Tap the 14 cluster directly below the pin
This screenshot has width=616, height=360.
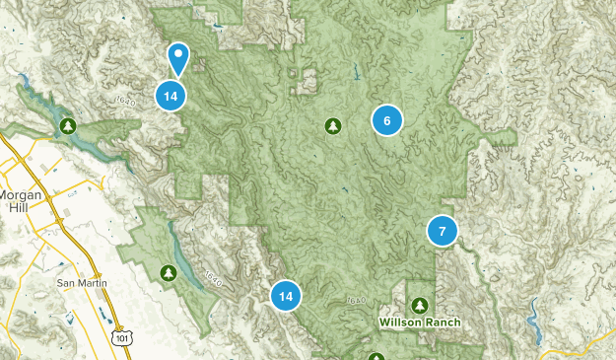171,96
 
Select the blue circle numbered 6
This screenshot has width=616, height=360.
386,120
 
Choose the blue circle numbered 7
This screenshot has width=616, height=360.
443,231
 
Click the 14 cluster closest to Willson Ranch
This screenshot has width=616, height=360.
286,295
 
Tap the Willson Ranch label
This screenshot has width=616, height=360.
420,323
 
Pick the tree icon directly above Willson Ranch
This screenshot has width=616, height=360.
421,305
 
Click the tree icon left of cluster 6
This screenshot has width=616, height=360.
333,125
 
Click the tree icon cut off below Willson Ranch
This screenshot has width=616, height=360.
376,356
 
